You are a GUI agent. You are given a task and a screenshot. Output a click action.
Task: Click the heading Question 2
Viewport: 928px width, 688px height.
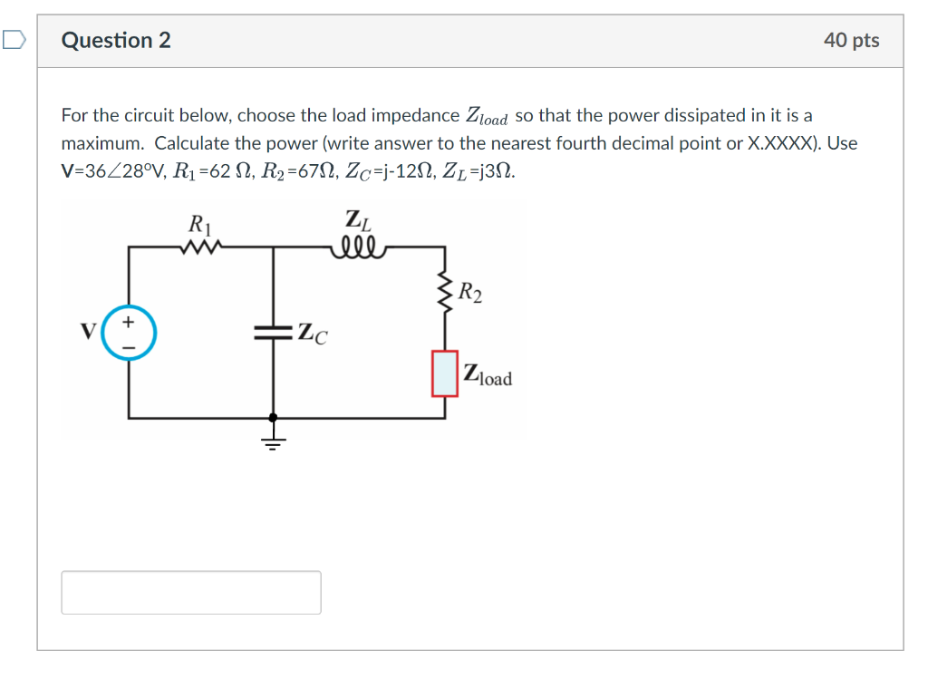click(x=116, y=41)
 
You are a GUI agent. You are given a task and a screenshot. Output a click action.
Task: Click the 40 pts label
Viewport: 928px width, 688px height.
click(x=851, y=41)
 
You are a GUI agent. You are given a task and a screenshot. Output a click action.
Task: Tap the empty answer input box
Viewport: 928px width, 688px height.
click(x=191, y=592)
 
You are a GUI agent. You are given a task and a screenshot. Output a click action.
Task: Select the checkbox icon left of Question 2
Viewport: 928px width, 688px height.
click(x=14, y=40)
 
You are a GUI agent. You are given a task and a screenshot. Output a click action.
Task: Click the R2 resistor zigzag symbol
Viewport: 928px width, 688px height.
click(x=445, y=291)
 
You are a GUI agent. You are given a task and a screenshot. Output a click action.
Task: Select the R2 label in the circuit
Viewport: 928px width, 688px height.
click(x=470, y=292)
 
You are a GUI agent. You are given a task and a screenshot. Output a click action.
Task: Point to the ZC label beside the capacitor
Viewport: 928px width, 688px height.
click(x=313, y=334)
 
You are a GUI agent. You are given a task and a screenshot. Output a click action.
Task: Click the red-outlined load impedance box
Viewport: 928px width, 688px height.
click(x=445, y=374)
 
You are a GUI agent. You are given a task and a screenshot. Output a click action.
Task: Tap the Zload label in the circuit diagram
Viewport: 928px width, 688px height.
click(x=488, y=375)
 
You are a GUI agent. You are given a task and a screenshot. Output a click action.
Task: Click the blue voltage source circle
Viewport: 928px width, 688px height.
click(x=129, y=333)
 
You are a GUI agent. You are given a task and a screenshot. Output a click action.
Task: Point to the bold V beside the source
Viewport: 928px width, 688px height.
click(x=89, y=332)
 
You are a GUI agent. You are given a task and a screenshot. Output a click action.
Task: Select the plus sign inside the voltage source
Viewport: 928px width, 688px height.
click(x=129, y=322)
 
